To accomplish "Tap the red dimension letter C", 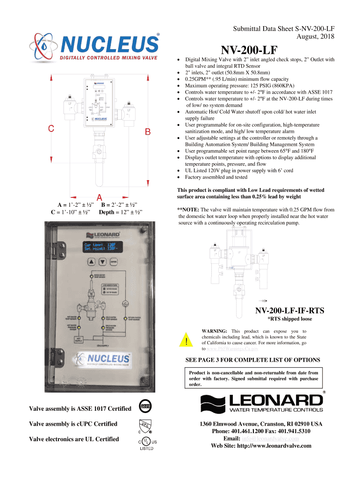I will [x=52, y=128].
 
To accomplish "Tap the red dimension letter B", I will [x=148, y=132].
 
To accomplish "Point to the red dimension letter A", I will [x=100, y=197].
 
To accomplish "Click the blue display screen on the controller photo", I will [x=100, y=247].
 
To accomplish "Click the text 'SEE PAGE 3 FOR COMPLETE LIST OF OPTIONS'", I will [x=252, y=360].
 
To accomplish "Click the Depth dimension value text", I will [x=120, y=213].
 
